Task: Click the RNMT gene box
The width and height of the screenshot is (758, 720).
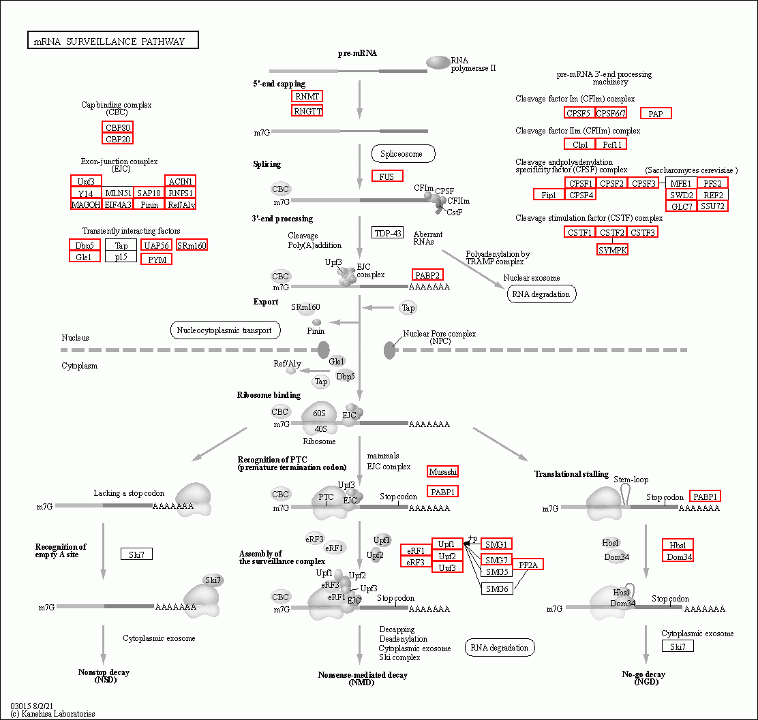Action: click(x=307, y=96)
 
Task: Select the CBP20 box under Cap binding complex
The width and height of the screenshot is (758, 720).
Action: click(x=117, y=139)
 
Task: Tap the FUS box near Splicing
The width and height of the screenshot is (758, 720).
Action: click(x=387, y=176)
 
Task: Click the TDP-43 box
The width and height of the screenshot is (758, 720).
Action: click(x=387, y=233)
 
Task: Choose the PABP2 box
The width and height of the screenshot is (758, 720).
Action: click(x=427, y=275)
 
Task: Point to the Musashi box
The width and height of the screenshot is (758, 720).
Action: click(x=443, y=471)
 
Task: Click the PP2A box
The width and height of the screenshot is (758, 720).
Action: click(x=528, y=565)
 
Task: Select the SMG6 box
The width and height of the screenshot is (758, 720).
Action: click(x=496, y=589)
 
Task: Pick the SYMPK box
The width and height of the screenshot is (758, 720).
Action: click(x=613, y=250)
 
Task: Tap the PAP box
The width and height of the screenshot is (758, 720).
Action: click(x=656, y=114)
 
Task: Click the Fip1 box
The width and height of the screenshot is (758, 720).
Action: click(x=549, y=195)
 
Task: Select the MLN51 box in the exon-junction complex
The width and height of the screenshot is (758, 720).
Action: click(x=118, y=193)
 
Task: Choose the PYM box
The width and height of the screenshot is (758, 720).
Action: click(x=156, y=259)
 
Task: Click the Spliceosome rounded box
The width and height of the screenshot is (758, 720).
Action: click(x=403, y=154)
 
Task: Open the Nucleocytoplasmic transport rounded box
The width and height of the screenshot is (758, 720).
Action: click(x=225, y=330)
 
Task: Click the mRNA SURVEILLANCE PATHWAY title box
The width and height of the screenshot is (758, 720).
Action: click(x=113, y=40)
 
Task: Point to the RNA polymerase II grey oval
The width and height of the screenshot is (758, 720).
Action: click(x=438, y=63)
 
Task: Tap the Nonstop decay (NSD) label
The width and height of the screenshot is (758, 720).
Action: click(x=104, y=676)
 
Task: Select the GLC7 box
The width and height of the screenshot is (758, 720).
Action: click(x=682, y=206)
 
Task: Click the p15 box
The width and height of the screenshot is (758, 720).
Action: click(x=121, y=257)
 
